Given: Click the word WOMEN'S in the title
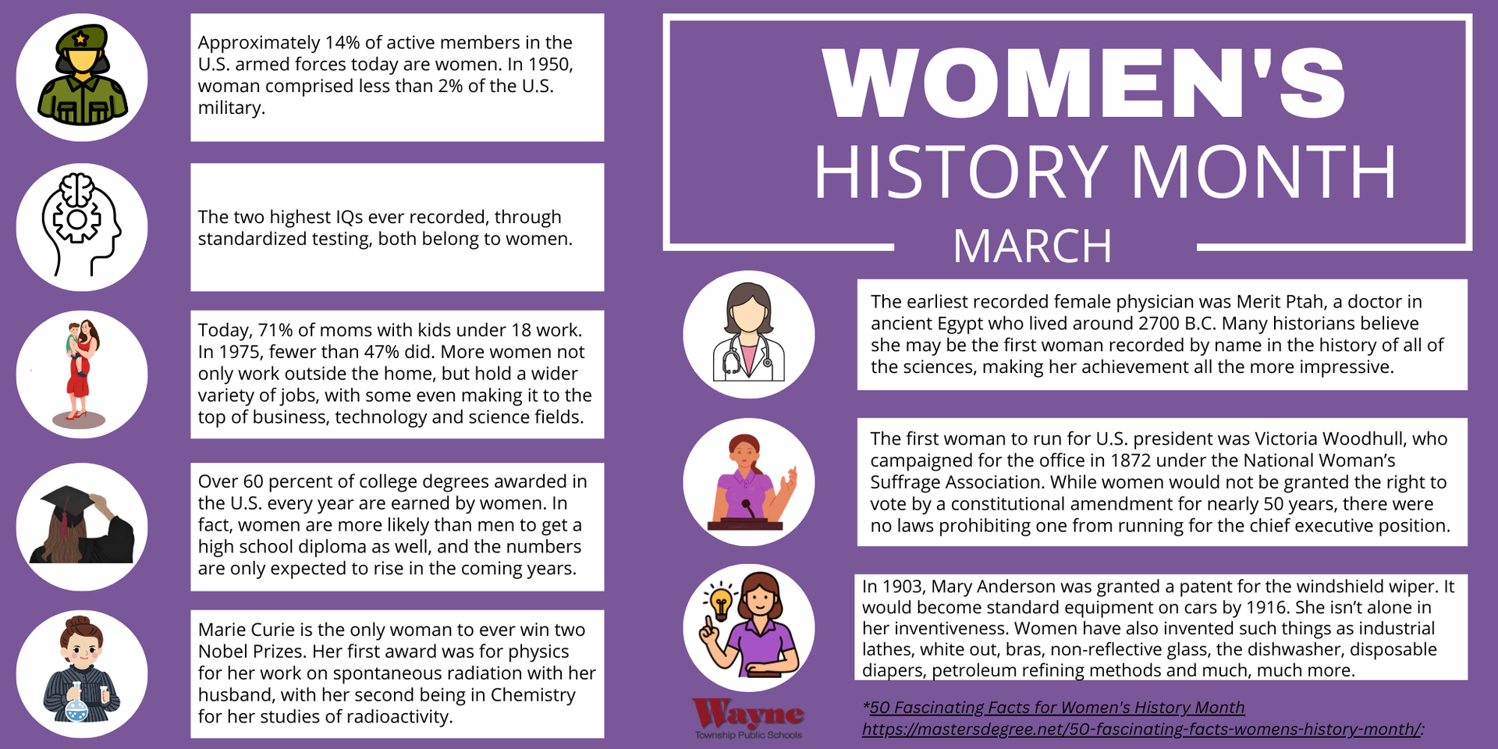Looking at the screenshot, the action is point(1084,83).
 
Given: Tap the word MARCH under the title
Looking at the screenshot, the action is point(1032,247).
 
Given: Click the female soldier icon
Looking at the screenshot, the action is point(82,75).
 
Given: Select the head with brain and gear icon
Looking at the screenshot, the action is point(81,225).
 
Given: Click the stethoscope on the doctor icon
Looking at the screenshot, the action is point(747,356).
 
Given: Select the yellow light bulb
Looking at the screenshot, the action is point(721,603).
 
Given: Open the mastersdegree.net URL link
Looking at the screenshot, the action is point(1142,729).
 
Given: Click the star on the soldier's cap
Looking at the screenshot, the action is point(80,38).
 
